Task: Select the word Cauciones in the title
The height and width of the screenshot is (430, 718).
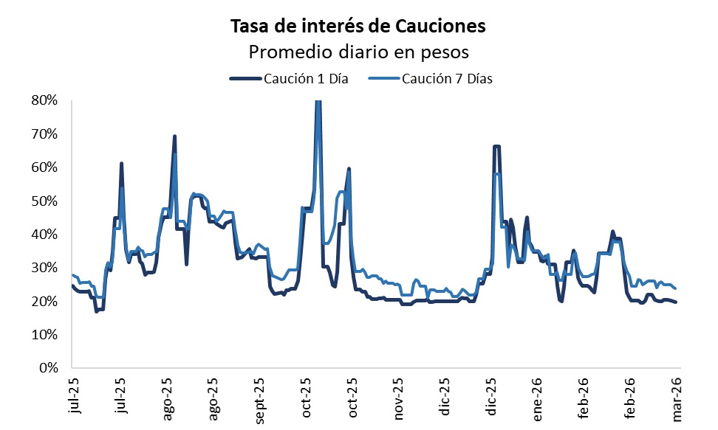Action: click(x=443, y=27)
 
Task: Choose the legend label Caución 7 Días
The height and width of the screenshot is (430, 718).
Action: click(x=447, y=79)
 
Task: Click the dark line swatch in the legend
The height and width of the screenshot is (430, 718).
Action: click(x=245, y=79)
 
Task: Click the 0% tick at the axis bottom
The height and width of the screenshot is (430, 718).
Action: click(x=49, y=368)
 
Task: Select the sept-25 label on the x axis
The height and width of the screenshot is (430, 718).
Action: click(x=259, y=400)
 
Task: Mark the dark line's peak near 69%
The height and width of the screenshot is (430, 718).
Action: click(x=174, y=136)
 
